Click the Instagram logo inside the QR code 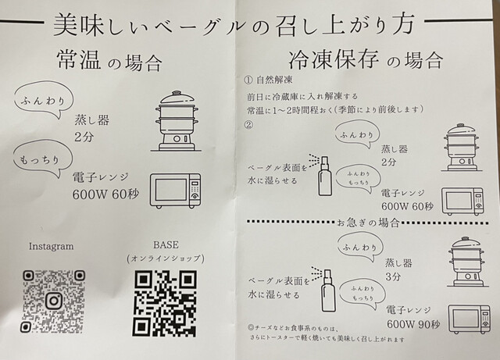click(54, 301)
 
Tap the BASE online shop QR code click(165, 303)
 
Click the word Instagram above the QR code click(51, 247)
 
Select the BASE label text click(166, 245)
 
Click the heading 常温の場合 click(109, 62)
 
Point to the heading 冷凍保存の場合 click(366, 59)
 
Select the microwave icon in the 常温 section click(175, 191)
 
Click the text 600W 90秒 click(413, 324)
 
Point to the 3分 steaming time click(393, 276)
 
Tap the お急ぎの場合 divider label click(368, 223)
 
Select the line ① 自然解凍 click(268, 80)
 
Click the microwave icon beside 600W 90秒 click(469, 319)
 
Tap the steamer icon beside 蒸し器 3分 click(466, 262)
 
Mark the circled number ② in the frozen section click(248, 125)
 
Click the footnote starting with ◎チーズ click(327, 333)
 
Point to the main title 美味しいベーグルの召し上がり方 click(234, 24)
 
